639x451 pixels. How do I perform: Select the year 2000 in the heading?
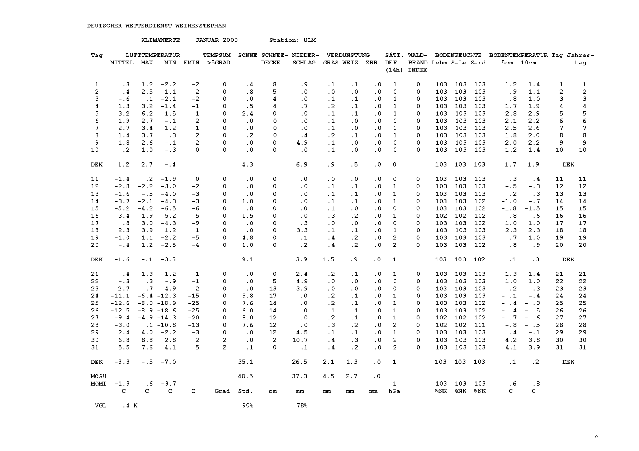pyautogui.click(x=230, y=40)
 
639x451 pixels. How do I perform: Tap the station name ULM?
pyautogui.click(x=310, y=40)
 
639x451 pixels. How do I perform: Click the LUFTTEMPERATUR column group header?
pyautogui.click(x=152, y=55)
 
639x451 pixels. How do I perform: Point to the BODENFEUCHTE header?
pyautogui.click(x=458, y=55)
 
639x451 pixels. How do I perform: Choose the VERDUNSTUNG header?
pyautogui.click(x=348, y=55)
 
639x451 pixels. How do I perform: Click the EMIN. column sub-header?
pyautogui.click(x=193, y=63)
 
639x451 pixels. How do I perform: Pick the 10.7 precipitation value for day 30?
pyautogui.click(x=300, y=340)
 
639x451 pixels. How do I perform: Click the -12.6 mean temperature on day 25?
pyautogui.click(x=120, y=303)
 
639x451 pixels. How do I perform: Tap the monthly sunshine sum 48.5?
pyautogui.click(x=245, y=376)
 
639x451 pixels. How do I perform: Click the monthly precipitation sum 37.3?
pyautogui.click(x=300, y=376)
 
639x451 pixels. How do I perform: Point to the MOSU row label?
pyautogui.click(x=98, y=376)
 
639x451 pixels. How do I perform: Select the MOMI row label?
pyautogui.click(x=98, y=384)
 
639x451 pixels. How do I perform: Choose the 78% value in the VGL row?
pyautogui.click(x=302, y=406)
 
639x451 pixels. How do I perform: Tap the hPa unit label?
pyautogui.click(x=394, y=391)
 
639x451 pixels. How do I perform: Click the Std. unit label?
pyautogui.click(x=245, y=391)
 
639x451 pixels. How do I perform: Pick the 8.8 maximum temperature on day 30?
pyautogui.click(x=147, y=340)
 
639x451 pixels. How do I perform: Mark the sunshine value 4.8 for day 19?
pyautogui.click(x=248, y=238)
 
